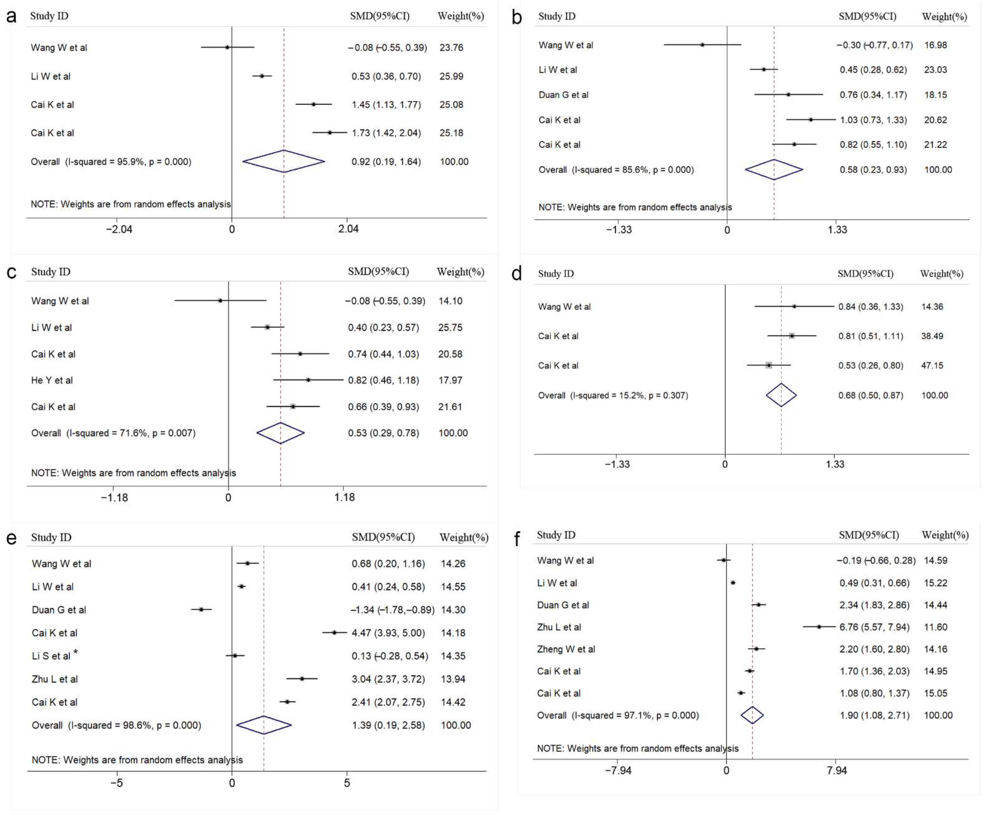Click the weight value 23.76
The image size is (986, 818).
pyautogui.click(x=451, y=47)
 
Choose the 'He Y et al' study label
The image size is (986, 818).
pyautogui.click(x=52, y=380)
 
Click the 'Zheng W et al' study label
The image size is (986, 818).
pyautogui.click(x=566, y=649)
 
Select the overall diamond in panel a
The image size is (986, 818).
pyautogui.click(x=284, y=161)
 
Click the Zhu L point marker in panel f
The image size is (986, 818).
pyautogui.click(x=819, y=627)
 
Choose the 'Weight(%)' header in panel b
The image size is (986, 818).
pyautogui.click(x=944, y=16)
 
